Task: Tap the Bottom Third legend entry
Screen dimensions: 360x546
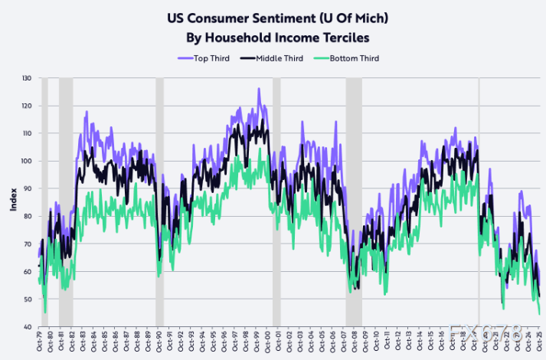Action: coord(350,58)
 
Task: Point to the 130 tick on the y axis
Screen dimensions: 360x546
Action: coord(27,78)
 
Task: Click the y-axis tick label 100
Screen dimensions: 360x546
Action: coord(27,161)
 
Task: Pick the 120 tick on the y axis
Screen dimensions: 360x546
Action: coord(27,106)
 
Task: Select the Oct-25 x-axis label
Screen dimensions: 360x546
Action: coord(539,342)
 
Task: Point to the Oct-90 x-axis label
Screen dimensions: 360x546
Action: coord(159,342)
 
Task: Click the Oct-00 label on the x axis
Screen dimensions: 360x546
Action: coord(267,342)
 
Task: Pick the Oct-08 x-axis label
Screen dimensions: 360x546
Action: coord(355,342)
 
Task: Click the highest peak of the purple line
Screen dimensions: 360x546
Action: coord(259,89)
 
